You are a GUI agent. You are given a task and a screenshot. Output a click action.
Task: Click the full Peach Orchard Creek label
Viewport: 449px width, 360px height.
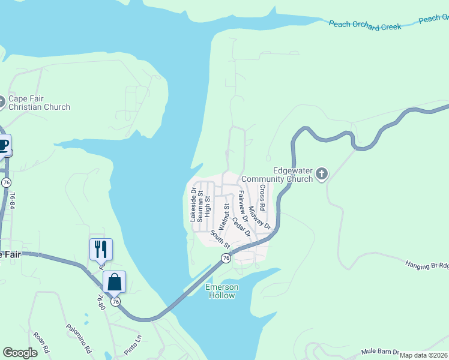click(365, 26)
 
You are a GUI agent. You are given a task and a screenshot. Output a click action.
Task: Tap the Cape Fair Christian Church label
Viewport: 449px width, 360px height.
click(39, 103)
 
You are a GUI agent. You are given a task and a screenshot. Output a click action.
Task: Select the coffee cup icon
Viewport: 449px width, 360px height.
click(3, 145)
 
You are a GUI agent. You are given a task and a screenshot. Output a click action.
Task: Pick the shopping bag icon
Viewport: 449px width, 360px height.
click(114, 281)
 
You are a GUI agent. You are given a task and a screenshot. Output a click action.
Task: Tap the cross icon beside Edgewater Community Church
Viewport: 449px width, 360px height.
click(322, 175)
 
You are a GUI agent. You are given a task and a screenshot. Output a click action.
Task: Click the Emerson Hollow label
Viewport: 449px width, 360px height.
click(222, 291)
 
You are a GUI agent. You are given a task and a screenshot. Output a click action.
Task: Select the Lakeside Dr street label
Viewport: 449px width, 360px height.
click(193, 205)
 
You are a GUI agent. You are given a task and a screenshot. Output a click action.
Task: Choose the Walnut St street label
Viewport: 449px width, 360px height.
click(224, 216)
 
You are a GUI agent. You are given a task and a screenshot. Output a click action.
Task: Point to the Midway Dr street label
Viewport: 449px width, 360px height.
click(260, 217)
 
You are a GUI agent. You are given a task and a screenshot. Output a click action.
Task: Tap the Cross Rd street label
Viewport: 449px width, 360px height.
click(262, 197)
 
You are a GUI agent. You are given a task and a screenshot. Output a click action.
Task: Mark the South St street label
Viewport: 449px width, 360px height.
click(220, 239)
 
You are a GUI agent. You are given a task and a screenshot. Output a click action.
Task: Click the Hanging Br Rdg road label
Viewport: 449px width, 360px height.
click(427, 264)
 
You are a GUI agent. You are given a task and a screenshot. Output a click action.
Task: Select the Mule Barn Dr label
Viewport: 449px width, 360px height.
click(381, 352)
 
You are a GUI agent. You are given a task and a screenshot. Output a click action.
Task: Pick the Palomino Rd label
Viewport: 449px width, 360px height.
click(78, 338)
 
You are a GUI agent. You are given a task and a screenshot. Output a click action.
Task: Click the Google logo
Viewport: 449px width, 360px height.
click(20, 353)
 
